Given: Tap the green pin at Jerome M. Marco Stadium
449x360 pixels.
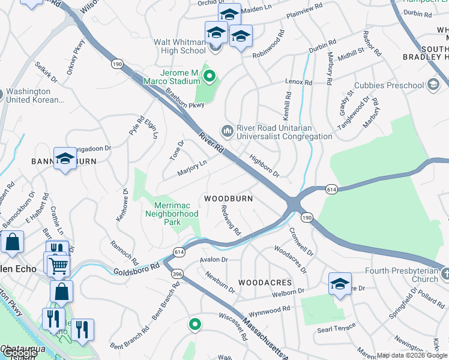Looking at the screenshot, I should tap(209, 76).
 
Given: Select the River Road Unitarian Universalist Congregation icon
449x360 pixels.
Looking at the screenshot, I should tap(228, 130).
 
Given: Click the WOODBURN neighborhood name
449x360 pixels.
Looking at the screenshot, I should tap(228, 198).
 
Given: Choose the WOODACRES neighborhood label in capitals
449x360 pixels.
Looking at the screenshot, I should tap(265, 282).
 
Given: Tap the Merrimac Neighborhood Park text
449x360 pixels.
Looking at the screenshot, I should tap(172, 214).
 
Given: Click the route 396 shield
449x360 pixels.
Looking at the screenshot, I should tap(177, 274).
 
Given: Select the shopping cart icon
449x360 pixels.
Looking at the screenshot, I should tap(58, 265).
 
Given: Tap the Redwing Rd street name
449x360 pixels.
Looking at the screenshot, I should tap(231, 223).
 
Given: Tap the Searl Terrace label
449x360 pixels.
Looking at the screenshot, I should tap(336, 330).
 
